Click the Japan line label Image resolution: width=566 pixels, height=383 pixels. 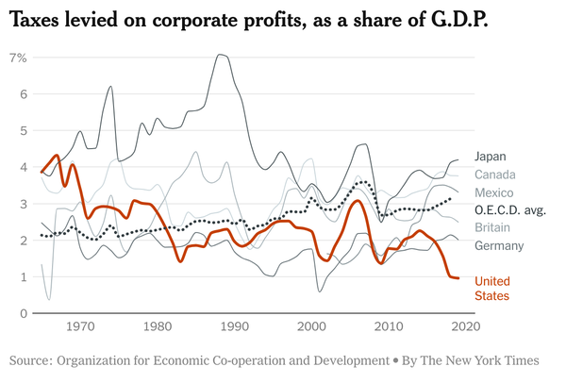(491, 157)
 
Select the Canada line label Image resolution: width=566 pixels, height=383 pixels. (494, 175)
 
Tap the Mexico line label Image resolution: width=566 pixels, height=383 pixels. (493, 191)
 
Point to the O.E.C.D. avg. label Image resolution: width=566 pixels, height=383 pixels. (510, 209)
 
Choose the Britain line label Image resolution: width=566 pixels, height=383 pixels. (492, 227)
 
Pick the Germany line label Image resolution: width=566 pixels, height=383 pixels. (498, 245)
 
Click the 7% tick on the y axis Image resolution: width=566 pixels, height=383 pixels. (17, 58)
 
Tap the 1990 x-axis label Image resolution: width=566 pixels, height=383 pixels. (234, 327)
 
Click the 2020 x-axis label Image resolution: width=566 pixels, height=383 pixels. (464, 327)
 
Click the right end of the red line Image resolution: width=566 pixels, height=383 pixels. (458, 278)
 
